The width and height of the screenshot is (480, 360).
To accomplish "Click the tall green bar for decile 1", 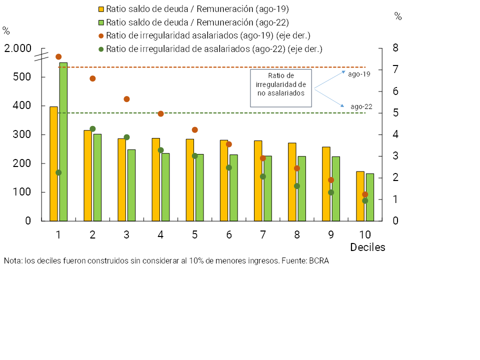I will coord(63,141).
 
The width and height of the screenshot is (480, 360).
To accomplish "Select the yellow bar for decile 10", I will coord(360,196).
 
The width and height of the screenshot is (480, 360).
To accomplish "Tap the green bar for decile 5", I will coord(199,187).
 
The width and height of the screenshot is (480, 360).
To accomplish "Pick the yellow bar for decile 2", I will coord(87,175).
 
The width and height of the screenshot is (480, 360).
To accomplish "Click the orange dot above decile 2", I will coord(92,78).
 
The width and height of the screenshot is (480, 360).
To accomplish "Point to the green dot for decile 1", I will coord(58,172).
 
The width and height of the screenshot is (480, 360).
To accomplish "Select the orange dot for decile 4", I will coord(160,114).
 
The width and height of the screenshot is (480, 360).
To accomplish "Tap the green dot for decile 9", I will coord(331,192).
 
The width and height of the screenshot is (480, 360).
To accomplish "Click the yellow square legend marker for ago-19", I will coord(101,9).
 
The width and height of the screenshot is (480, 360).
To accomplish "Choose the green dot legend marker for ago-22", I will coord(101,49).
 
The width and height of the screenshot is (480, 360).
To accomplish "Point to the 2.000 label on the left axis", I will coord(18,48).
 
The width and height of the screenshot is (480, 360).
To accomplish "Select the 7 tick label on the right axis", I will coord(381,69).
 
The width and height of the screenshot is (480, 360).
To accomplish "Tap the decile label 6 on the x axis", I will coord(229,234).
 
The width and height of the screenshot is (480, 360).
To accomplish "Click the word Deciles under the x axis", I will coord(367,247).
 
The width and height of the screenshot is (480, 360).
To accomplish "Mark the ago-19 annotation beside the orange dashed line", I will coord(359,74).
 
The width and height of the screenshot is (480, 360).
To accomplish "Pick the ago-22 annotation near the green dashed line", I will coord(361,106).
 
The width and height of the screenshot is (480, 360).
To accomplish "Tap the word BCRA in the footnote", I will coord(319,261).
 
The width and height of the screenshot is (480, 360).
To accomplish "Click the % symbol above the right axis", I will coord(398,16).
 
